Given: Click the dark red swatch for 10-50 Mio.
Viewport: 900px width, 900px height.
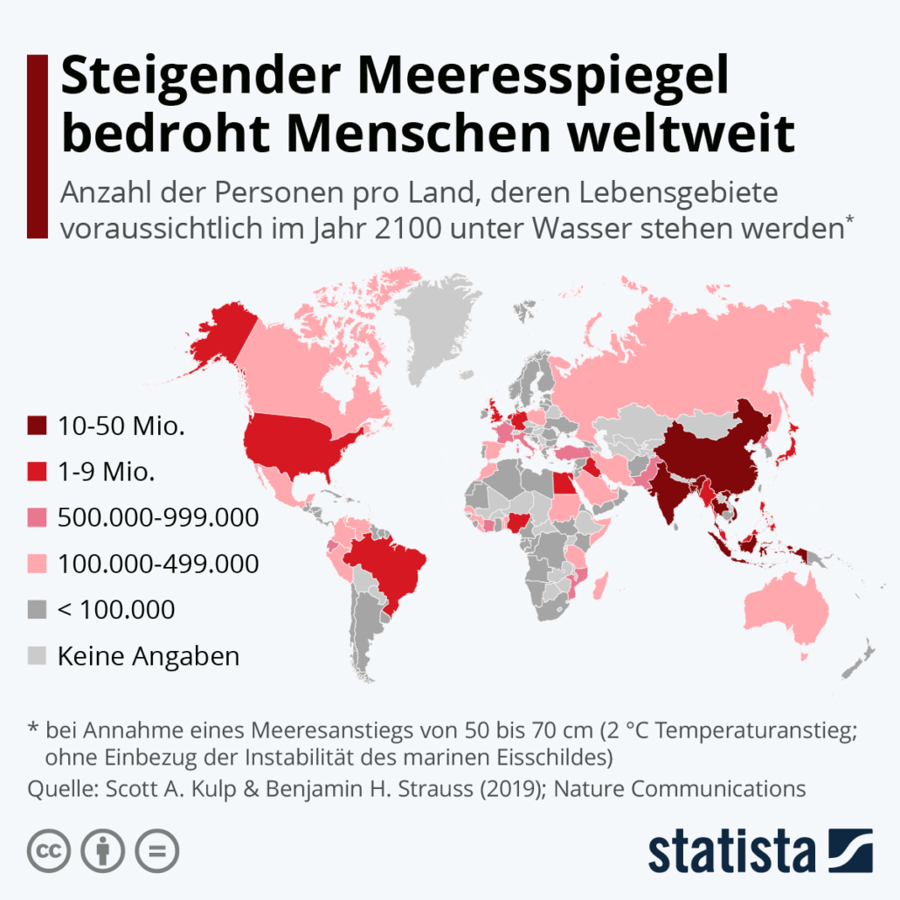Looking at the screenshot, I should tap(37, 426).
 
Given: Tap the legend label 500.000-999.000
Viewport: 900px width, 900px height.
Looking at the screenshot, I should tap(158, 517).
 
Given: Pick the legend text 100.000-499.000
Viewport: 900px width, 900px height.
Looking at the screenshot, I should tap(158, 564).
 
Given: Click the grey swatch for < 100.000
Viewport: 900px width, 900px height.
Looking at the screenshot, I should tap(37, 609).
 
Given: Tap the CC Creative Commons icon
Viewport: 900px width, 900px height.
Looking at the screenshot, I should tap(49, 849).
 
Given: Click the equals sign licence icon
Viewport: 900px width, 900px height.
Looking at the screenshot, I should tap(157, 849).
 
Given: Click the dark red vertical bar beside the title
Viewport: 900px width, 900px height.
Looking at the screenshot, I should tap(37, 145).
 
